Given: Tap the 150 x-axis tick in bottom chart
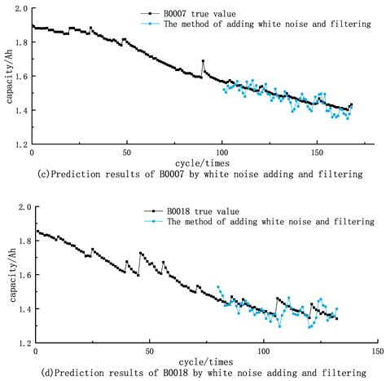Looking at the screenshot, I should tap(376, 352).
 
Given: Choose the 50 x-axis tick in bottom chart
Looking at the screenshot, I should tap(148, 352).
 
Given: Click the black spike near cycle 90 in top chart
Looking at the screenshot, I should tap(203, 61).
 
